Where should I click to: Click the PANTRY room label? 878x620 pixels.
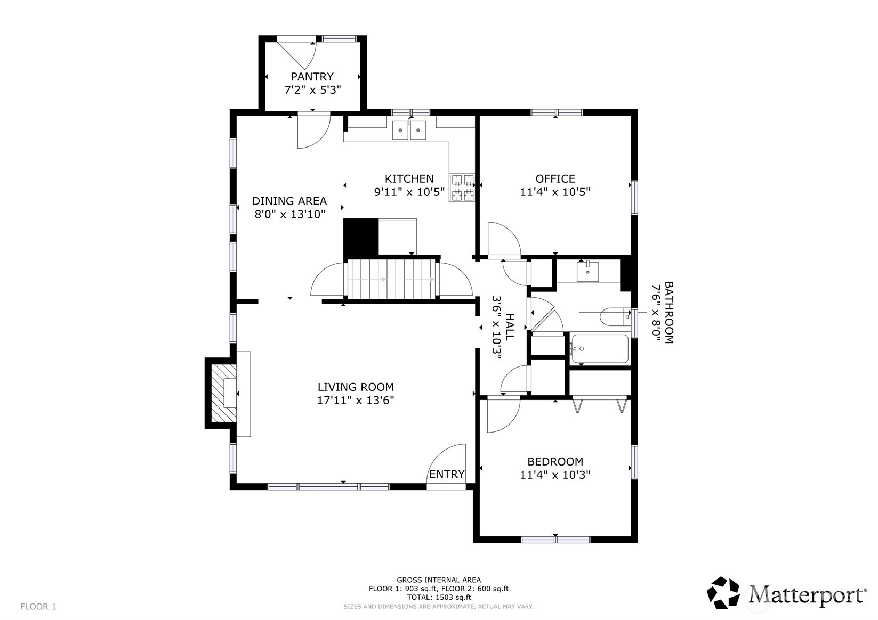(312, 76)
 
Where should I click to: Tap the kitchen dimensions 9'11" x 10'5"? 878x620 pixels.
(409, 192)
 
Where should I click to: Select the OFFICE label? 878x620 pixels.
(555, 178)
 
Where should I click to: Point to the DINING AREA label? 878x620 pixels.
(289, 201)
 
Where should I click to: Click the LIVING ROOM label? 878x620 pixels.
(356, 387)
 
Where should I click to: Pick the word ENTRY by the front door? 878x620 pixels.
(447, 474)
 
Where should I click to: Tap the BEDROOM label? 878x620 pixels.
(555, 461)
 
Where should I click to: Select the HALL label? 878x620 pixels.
(509, 327)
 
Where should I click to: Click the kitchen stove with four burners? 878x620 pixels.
(462, 188)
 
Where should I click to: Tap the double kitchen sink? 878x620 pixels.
(409, 130)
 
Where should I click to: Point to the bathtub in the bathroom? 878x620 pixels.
(600, 348)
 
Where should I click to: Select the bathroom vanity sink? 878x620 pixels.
(587, 272)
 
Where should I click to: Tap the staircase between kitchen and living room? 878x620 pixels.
(392, 279)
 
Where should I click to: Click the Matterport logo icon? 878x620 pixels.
(723, 592)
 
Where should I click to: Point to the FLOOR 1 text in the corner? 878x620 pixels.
(38, 607)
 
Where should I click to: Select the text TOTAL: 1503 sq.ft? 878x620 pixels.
(439, 597)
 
